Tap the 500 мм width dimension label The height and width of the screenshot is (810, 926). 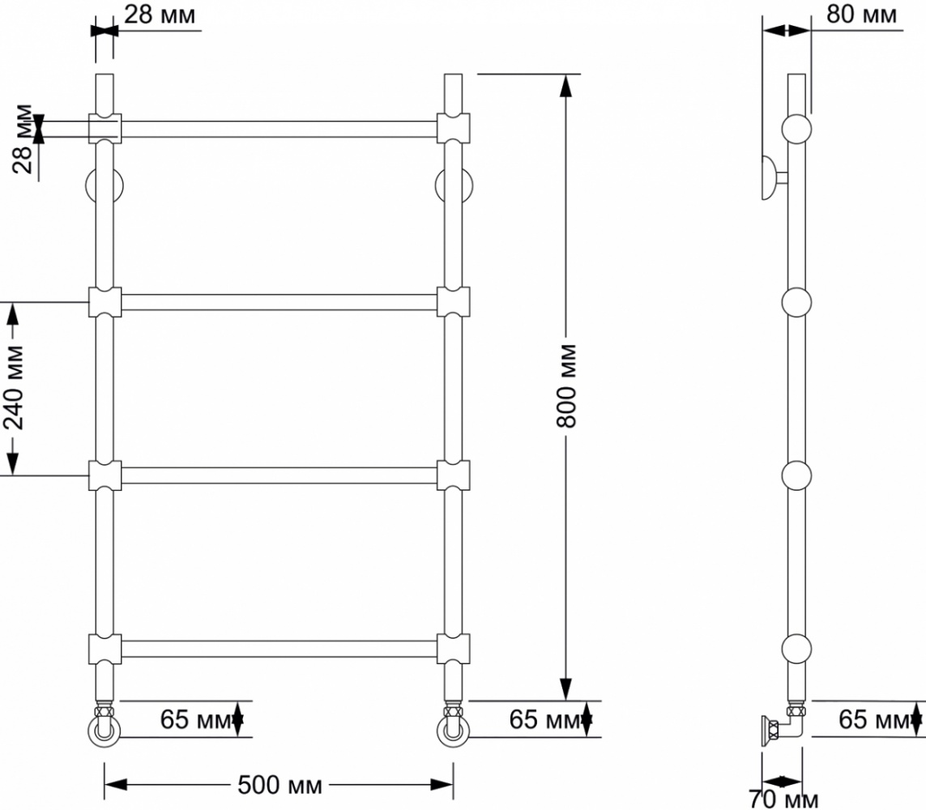pyautogui.click(x=280, y=785)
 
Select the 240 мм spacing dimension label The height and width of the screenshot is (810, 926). pyautogui.click(x=14, y=388)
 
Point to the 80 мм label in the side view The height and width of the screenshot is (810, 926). pyautogui.click(x=861, y=14)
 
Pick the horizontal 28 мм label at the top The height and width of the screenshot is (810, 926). pyautogui.click(x=160, y=14)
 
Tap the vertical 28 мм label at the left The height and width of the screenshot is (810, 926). pyautogui.click(x=23, y=139)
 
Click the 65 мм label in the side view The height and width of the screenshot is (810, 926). pyautogui.click(x=874, y=719)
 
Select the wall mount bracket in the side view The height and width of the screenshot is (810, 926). pyautogui.click(x=775, y=177)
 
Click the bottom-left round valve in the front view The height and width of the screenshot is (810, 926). pyautogui.click(x=105, y=731)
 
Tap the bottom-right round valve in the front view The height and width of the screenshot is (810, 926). pyautogui.click(x=453, y=731)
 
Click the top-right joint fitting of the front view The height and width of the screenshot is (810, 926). pyautogui.click(x=453, y=128)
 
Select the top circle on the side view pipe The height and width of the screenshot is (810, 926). pyautogui.click(x=796, y=129)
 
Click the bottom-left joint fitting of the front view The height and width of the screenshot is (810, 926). pyautogui.click(x=105, y=649)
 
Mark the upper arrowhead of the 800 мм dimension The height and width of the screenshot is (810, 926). pyautogui.click(x=565, y=85)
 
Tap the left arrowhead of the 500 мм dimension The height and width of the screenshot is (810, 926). pyautogui.click(x=116, y=785)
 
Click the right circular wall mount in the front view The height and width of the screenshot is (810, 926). pyautogui.click(x=454, y=185)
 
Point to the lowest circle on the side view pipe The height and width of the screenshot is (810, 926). pyautogui.click(x=796, y=649)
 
